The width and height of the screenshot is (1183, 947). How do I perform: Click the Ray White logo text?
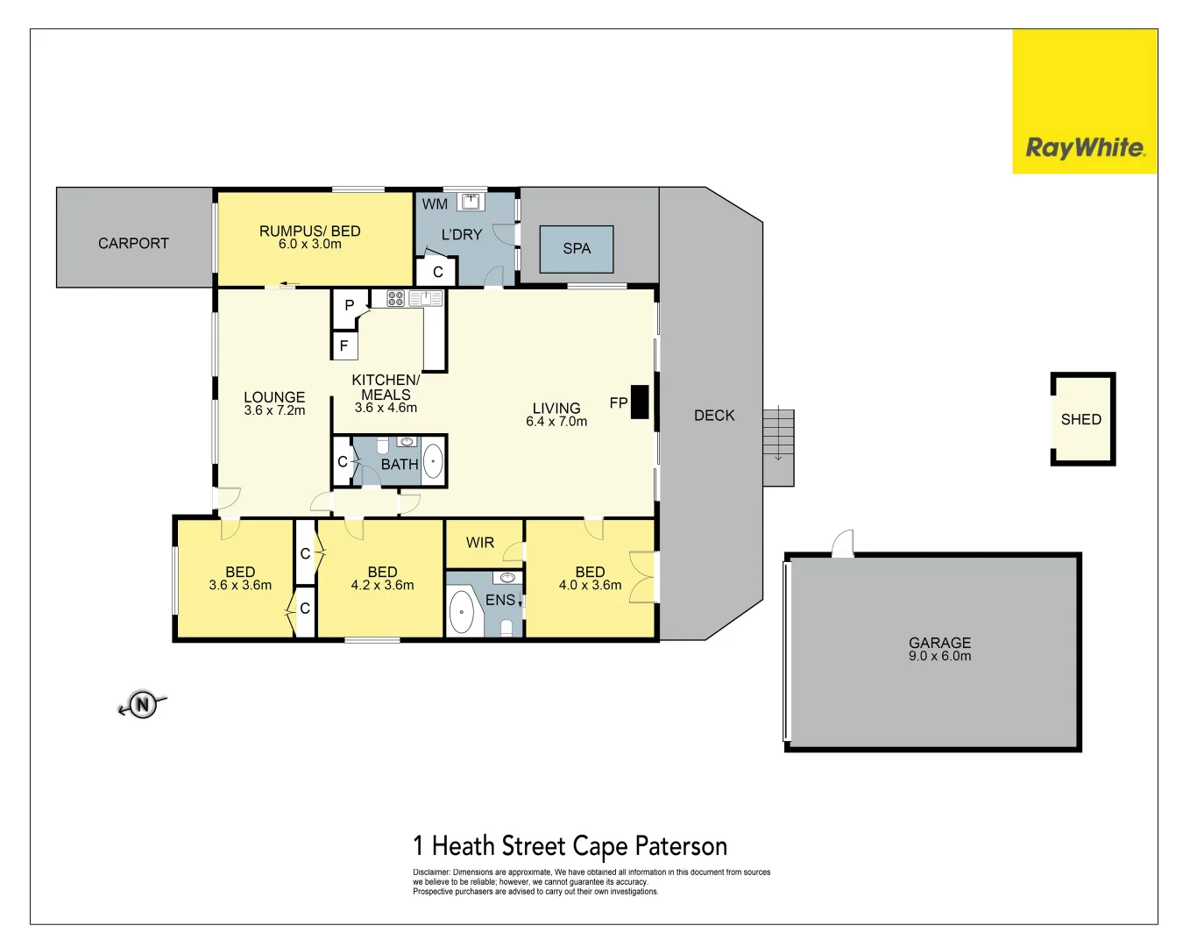pos(1085,147)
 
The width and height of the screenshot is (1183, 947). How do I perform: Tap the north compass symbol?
pos(143,704)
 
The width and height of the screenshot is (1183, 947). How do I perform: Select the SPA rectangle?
pos(576,249)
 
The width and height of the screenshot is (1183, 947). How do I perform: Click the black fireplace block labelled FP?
pos(640,402)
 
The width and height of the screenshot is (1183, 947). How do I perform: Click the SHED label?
pos(1080,419)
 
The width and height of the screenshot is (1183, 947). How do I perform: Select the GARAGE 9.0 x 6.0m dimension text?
pos(939,656)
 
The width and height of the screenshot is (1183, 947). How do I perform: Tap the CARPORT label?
pos(133,243)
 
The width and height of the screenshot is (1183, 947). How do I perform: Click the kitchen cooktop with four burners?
pos(396,298)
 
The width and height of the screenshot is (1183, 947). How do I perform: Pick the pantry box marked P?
pos(349,306)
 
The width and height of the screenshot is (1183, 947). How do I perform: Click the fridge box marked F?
pos(344,345)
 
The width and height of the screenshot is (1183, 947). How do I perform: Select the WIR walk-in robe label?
pos(480,543)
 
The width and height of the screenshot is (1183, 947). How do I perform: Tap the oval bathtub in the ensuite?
pos(461,611)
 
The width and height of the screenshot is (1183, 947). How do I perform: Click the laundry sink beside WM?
pos(471,201)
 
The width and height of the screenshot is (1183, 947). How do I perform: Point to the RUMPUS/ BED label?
pos(309,231)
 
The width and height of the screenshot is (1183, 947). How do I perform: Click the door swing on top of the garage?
pos(843,544)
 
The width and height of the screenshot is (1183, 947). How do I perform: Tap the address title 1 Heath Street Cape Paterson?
pos(570,846)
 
